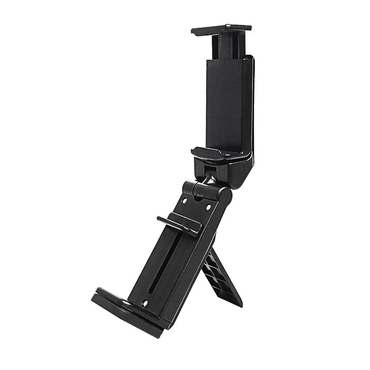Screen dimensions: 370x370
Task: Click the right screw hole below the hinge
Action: coord(208,206)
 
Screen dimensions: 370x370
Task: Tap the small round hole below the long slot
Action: coord(145,303)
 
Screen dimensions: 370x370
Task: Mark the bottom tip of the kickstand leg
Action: coord(238,303)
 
